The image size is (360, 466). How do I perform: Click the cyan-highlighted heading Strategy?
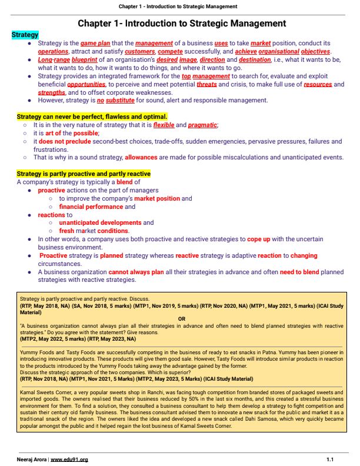[x=25, y=35]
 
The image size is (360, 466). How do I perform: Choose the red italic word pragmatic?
[x=203, y=125]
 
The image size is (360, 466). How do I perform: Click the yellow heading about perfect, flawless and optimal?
[x=92, y=116]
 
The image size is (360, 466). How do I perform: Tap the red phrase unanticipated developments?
[x=101, y=223]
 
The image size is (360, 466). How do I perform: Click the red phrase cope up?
[x=261, y=239]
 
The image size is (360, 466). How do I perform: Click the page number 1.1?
[x=331, y=458]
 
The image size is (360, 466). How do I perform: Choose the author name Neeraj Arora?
[x=32, y=458]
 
